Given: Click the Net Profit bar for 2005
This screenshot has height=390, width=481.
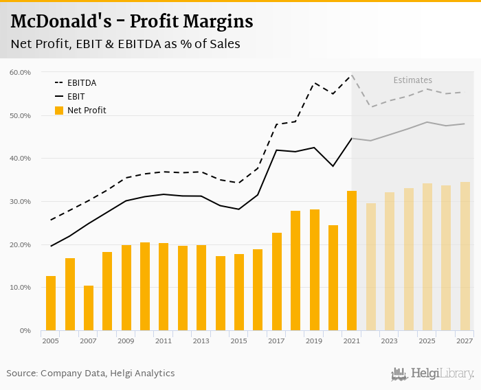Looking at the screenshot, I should point(51,303).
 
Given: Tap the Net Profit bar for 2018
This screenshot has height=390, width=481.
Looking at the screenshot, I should point(295,271).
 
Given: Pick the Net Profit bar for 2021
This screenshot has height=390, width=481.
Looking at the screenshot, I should point(352,261).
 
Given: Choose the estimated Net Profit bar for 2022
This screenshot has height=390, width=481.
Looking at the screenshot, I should point(371,267).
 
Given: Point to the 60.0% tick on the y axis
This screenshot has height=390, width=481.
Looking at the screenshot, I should point(20,72).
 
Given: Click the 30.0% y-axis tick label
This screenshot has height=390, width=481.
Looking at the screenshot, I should point(20,202).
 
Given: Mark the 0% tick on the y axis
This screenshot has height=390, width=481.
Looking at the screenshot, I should point(25,331).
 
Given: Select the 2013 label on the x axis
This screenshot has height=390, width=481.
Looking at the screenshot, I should point(201,341).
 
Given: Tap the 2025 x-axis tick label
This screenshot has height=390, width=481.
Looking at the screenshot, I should point(427,341).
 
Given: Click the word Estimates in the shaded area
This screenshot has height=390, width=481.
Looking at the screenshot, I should point(412,80).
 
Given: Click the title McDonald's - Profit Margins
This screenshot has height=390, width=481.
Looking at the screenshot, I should point(132,22).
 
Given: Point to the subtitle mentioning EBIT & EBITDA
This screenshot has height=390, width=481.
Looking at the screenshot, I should point(125,44).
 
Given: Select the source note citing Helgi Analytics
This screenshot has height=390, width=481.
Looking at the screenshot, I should point(91,374).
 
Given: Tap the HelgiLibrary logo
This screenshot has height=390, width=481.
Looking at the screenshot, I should point(433,374).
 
